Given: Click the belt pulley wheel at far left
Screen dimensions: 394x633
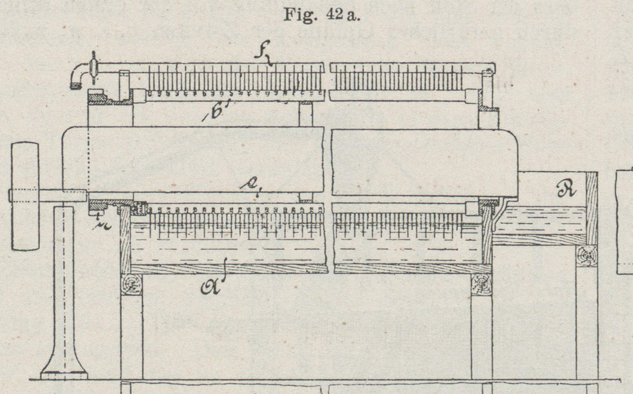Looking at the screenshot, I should [25, 196].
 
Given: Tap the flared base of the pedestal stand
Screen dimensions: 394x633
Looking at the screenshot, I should [64, 371].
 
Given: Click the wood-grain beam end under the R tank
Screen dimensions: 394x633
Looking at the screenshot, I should [587, 256].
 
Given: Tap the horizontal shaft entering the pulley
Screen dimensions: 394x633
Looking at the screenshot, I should [48, 196].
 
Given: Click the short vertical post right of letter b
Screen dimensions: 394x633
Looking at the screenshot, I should [306, 114].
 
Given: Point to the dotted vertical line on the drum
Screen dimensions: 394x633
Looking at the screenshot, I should [88, 160].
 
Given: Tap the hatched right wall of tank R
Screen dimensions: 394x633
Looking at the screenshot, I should [592, 208].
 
